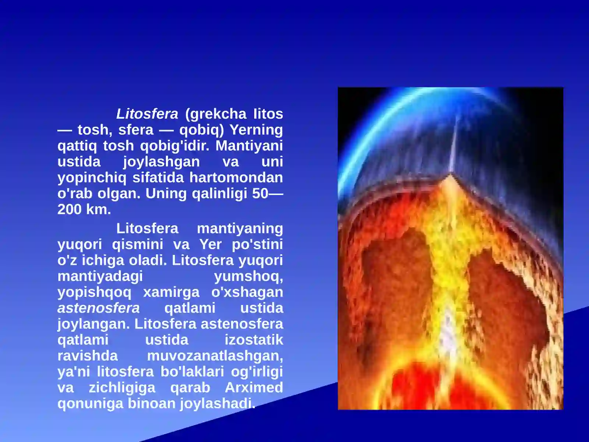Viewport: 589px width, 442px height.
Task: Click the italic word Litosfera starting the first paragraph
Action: (147, 114)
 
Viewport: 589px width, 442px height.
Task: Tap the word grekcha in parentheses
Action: (216, 114)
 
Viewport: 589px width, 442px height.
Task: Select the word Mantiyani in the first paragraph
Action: (249, 146)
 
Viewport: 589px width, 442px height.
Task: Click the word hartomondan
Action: (236, 178)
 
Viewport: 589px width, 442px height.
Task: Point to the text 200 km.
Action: (84, 210)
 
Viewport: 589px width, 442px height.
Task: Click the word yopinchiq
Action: (92, 178)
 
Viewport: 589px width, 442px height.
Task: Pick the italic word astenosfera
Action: (99, 308)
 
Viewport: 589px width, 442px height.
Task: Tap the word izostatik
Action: (254, 340)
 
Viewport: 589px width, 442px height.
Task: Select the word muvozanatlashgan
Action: (215, 356)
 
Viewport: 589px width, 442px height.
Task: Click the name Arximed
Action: (254, 387)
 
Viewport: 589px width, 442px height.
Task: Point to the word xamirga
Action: (171, 292)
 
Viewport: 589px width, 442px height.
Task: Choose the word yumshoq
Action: (248, 276)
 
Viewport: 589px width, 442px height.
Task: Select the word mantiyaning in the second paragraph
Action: (240, 228)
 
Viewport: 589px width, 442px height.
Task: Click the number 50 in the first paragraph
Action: (260, 194)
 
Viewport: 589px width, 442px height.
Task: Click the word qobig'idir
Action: (174, 146)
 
